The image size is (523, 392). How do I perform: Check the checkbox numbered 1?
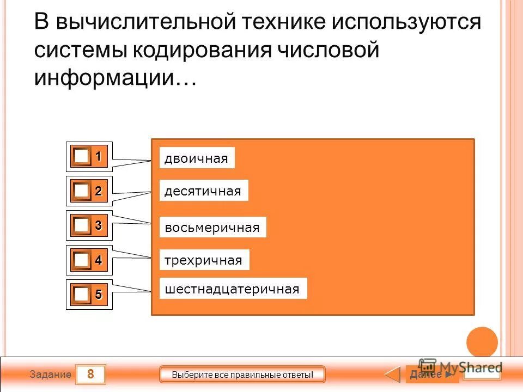click(x=82, y=157)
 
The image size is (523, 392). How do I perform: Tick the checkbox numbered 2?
click(x=82, y=191)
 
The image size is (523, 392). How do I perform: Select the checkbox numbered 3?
click(x=82, y=225)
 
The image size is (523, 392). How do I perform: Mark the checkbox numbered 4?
click(x=82, y=260)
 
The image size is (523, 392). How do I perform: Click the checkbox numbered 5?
click(x=82, y=295)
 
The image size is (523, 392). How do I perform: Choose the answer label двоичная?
click(x=196, y=158)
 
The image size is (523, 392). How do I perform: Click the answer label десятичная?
click(x=203, y=191)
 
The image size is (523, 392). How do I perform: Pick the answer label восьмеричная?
click(x=212, y=227)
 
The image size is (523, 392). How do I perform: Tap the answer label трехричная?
click(x=203, y=260)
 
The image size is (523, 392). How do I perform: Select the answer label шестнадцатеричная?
click(x=232, y=289)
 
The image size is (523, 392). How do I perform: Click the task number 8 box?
click(x=90, y=374)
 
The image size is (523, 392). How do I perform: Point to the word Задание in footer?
click(x=50, y=375)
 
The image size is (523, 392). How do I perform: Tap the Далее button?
click(x=430, y=375)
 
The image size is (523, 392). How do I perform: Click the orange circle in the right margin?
click(x=482, y=342)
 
